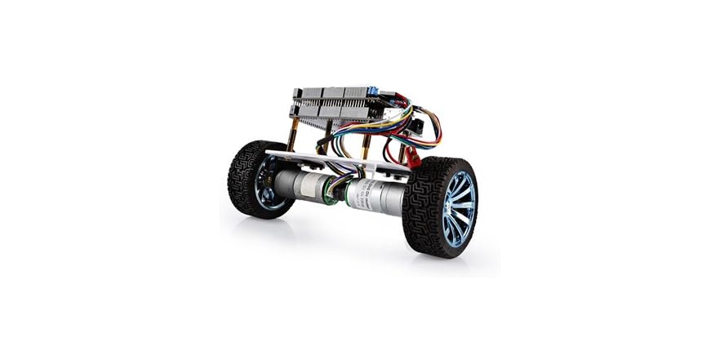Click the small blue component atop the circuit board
[x=371, y=92]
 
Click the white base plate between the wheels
[x=327, y=160]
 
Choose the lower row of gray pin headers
[x=327, y=111]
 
